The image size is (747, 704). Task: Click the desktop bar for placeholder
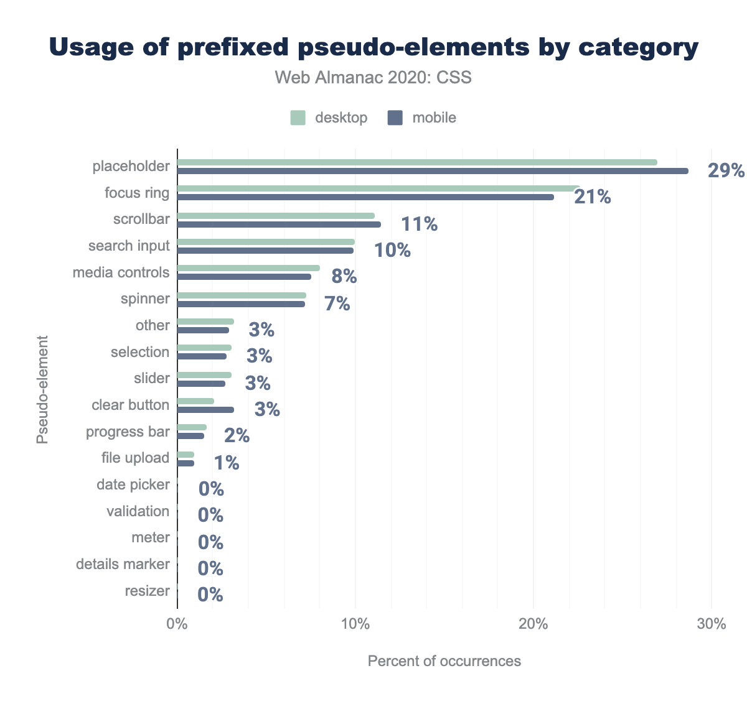pos(417,162)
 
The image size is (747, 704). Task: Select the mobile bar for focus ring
pos(365,197)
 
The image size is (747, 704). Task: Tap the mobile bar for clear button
pos(205,410)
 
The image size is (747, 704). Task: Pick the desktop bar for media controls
pos(248,268)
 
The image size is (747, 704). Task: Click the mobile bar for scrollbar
pos(279,225)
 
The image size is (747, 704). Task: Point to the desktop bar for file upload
pos(186,455)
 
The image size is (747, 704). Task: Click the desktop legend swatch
pos(298,118)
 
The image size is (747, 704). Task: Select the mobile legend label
pos(434,118)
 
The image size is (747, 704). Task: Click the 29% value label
pos(726,170)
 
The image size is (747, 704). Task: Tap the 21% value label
pos(593,197)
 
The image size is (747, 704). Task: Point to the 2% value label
pos(237,436)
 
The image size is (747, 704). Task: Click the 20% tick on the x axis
pos(533,624)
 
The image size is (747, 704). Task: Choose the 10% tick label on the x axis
pos(355,624)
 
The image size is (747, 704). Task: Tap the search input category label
pos(129,246)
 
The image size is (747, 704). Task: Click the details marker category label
pos(123,564)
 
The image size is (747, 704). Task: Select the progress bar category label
pos(128,432)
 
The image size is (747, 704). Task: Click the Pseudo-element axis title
pos(42,389)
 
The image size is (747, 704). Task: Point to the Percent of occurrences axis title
pos(444,660)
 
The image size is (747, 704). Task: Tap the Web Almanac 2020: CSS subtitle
pos(374,78)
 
